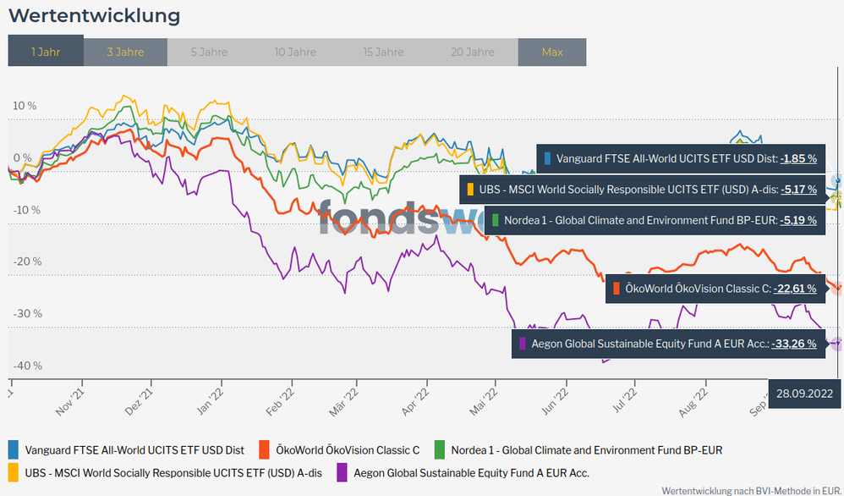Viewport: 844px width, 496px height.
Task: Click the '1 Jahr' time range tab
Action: click(x=46, y=52)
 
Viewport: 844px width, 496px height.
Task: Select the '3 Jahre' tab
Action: click(x=125, y=52)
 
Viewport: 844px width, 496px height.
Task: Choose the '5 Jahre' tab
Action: click(x=209, y=52)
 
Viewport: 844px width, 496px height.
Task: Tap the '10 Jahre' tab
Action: click(x=295, y=52)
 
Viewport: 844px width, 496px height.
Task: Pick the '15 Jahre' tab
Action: click(x=383, y=52)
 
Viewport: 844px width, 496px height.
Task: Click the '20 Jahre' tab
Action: click(x=473, y=52)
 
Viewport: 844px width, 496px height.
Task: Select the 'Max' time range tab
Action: click(x=552, y=52)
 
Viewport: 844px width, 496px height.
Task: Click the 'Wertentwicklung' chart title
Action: click(x=94, y=15)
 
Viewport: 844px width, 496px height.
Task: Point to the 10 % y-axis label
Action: click(x=25, y=106)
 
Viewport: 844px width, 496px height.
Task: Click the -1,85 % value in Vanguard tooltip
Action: click(x=798, y=158)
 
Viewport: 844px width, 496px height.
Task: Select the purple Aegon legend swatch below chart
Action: click(x=343, y=472)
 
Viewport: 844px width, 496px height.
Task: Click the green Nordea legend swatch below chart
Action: click(x=439, y=449)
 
